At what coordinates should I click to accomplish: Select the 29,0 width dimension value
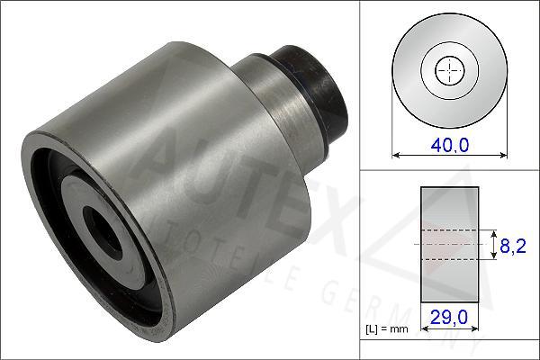coord(448,318)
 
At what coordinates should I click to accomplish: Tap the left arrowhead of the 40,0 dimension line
coord(397,156)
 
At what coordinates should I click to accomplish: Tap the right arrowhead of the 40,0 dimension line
coord(499,156)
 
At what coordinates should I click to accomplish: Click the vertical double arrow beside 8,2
coord(493,244)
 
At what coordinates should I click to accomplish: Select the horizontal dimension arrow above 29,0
coord(448,304)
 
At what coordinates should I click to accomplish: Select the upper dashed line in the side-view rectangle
coord(448,229)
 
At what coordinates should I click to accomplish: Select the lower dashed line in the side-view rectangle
coord(448,258)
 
